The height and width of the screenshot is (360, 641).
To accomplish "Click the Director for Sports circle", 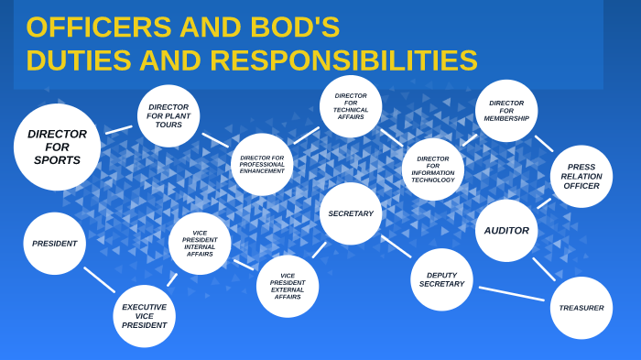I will point(57,147).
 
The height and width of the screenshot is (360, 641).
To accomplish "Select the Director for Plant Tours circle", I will point(168,115).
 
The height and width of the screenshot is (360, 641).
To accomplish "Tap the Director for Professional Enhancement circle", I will point(262,164).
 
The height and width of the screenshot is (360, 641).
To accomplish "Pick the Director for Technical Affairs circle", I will point(351,106).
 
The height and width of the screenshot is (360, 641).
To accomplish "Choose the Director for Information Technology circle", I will point(432,169).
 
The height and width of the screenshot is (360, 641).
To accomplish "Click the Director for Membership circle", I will point(506,111).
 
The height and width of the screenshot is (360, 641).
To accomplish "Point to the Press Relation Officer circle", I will point(581,176).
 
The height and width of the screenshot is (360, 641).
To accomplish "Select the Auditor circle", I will point(506,230).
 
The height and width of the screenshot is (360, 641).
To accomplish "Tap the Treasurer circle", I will point(581,308).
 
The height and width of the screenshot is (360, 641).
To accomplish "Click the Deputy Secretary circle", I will point(441,279).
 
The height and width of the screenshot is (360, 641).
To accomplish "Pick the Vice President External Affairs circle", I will point(288,286).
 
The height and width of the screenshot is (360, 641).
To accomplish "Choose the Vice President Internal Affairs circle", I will point(200,243).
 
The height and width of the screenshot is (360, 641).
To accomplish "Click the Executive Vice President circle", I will point(144,316).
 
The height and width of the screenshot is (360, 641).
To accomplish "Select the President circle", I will point(55,244).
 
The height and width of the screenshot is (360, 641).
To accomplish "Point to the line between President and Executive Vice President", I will point(99,279).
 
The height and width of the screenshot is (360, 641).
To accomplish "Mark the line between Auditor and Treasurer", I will point(544,269).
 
